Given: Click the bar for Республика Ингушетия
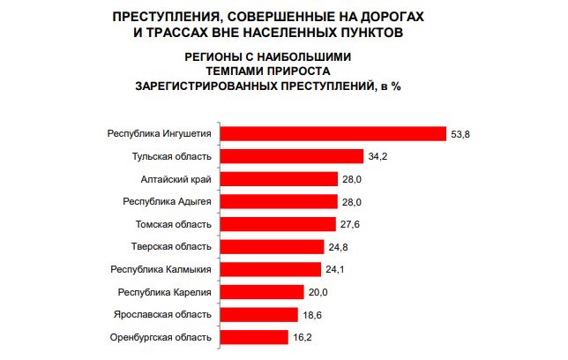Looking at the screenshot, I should (333, 133).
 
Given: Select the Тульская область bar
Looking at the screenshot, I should (291, 156).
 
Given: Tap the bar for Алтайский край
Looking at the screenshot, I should (278, 178).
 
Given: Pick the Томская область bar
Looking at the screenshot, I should (277, 223).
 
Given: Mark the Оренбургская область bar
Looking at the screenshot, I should (253, 336).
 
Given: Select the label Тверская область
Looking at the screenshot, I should (173, 246).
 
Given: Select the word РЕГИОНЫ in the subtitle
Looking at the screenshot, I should (216, 56).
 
